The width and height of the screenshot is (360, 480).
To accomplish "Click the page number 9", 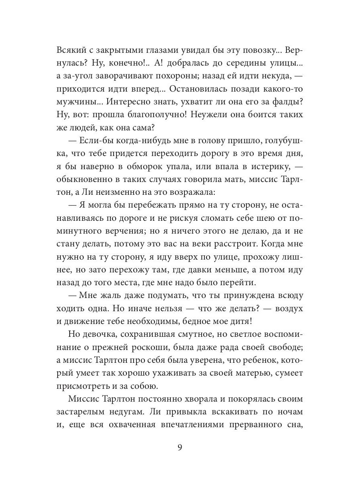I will pyautogui.click(x=180, y=447).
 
